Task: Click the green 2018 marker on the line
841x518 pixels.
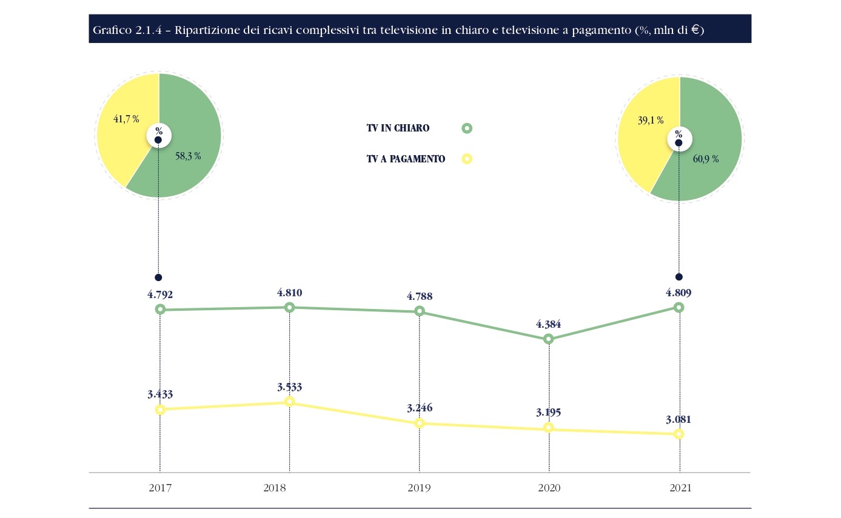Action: point(289,307)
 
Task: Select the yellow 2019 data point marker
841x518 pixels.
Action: point(419,423)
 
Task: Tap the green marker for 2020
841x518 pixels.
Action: point(548,339)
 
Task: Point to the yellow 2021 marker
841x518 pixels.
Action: point(679,434)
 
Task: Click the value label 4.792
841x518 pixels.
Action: point(160,295)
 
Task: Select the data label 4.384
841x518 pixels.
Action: point(548,324)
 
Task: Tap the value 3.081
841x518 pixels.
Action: point(678,419)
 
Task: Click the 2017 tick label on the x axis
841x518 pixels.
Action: point(160,488)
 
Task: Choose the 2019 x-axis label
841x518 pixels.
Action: point(419,488)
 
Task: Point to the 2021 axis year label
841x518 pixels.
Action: point(679,488)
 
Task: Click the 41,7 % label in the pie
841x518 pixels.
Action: point(126,119)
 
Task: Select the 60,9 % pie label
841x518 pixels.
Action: point(706,159)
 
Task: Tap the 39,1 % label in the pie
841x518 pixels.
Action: point(650,121)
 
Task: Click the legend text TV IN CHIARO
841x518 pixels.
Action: point(398,128)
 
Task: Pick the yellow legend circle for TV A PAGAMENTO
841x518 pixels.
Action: point(466,159)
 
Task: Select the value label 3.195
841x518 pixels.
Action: point(548,413)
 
